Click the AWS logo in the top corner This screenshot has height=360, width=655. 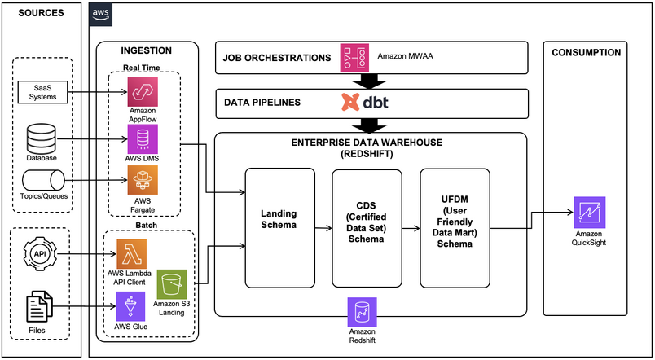tap(101, 15)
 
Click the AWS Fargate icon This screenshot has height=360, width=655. tap(142, 180)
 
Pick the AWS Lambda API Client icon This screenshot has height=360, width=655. tap(131, 252)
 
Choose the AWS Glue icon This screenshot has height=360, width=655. tap(131, 306)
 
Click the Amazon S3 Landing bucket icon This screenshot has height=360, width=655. tap(172, 284)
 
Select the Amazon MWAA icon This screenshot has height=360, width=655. tap(355, 59)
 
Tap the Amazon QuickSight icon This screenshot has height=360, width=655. tap(588, 211)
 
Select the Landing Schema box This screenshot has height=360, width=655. tap(279, 226)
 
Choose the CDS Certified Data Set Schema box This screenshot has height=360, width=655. tap(367, 226)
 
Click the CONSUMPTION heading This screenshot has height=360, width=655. tap(586, 53)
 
